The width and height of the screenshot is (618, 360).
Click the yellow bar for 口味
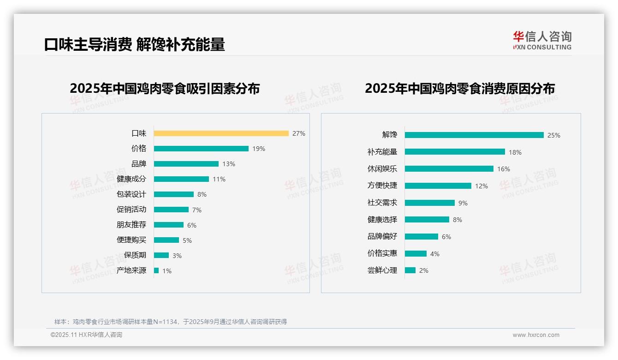coord(221,133)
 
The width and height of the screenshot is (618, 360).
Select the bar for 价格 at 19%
coord(201,149)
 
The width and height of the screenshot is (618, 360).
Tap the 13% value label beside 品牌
coord(229,164)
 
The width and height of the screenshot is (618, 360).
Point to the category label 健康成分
coord(131,179)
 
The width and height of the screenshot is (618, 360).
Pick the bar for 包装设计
coord(174,194)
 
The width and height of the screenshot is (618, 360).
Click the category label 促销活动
coord(131,209)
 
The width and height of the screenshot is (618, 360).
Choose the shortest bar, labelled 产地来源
coord(156,270)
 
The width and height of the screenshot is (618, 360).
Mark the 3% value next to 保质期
coord(177,256)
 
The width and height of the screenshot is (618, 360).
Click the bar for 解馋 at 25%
coord(474,135)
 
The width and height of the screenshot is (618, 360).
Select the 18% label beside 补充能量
coord(515,152)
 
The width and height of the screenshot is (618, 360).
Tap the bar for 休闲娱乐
coord(449,169)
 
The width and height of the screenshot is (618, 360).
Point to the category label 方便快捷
coord(382,186)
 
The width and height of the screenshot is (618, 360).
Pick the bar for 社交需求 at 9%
coord(430,203)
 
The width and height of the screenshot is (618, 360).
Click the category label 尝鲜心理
coord(382,270)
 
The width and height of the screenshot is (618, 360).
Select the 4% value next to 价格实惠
coord(435,254)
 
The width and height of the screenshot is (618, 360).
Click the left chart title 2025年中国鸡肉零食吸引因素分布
coord(165,88)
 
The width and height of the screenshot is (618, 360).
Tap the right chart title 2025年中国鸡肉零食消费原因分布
coord(459,88)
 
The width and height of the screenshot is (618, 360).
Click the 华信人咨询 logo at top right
coord(542,41)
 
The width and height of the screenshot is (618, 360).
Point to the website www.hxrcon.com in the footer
coord(536,335)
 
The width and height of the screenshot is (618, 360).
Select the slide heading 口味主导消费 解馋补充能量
coord(134,44)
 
